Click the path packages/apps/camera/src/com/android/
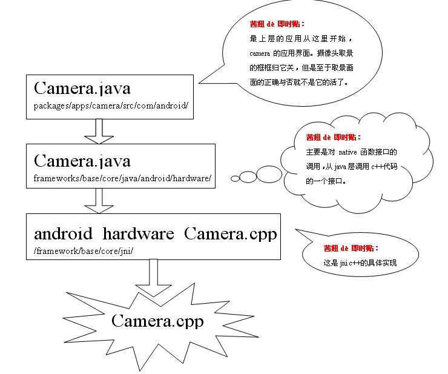tap(111, 105)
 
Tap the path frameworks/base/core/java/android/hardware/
tap(122, 179)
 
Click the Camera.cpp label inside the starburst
tap(157, 321)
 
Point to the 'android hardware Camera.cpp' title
tap(155, 233)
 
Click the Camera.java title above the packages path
tap(82, 88)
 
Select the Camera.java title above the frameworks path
tap(82, 161)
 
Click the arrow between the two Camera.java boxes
tap(99, 131)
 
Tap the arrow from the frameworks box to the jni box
tap(99, 201)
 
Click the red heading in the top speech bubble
tap(277, 24)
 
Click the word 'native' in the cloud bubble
tap(348, 152)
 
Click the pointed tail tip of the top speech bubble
tap(200, 81)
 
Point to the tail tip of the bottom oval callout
tap(296, 230)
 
